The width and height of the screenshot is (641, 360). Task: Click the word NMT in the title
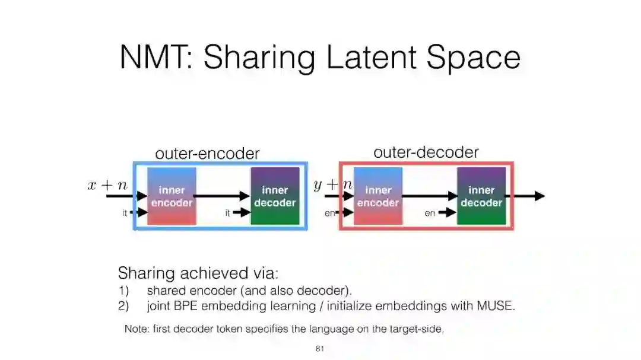coord(156,58)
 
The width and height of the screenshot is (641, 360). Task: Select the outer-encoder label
coord(207,154)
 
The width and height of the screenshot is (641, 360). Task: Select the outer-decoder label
coord(426,152)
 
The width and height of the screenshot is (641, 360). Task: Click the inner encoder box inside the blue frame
coord(172,196)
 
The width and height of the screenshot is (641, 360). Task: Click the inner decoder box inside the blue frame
coord(275,196)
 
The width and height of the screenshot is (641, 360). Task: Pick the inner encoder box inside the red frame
coord(378,196)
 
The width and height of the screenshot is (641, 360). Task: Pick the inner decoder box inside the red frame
coord(481,196)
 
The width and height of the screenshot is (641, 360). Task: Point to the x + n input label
coord(107,185)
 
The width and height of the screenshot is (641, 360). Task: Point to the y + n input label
coord(332,185)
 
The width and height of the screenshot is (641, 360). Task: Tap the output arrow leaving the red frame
coord(529,196)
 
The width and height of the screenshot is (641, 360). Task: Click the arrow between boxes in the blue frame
coord(223,196)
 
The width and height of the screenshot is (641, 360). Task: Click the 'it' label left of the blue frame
coord(125,213)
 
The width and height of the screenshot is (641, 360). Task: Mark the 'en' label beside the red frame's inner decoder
coord(430,213)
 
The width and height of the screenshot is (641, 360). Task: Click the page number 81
coord(319,349)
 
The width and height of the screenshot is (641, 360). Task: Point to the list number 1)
coord(123,291)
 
